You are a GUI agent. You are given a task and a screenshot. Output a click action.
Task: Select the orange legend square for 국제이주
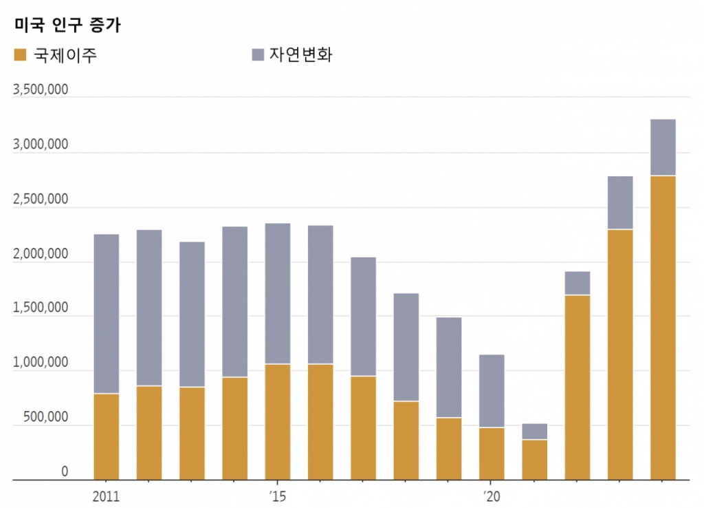coord(20,55)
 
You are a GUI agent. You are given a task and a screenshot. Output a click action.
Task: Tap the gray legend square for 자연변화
coord(258,55)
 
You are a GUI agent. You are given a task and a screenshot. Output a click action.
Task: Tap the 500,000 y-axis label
coord(45,418)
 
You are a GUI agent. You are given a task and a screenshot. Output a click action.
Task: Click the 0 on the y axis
coord(65,472)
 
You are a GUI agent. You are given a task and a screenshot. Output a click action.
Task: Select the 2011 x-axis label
coord(106,496)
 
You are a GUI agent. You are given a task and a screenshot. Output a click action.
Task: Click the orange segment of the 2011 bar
coord(106,436)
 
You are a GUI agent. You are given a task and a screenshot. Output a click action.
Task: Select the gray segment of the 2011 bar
coord(106,314)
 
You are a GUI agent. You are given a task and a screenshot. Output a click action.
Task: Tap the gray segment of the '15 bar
coord(277,294)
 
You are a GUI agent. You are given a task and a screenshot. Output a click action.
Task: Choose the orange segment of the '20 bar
coord(492,454)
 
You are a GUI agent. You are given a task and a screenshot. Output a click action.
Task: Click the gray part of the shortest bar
coord(534,432)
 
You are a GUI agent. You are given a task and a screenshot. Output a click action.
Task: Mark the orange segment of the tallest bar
coord(663,328)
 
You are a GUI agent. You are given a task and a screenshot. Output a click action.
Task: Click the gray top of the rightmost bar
coord(663,148)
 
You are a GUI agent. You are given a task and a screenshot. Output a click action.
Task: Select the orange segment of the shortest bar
coord(534,460)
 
